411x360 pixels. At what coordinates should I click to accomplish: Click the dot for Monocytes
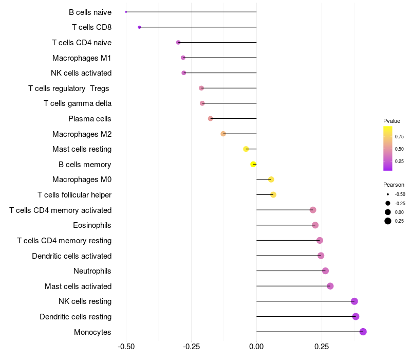pos(363,332)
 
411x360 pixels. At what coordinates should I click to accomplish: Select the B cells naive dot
pos(126,12)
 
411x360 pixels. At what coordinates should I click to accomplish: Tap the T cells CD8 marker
pos(139,27)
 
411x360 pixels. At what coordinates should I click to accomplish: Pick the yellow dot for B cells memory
pos(253,164)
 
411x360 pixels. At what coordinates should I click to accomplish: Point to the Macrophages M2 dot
pos(223,134)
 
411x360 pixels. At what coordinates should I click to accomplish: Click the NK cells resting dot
pos(354,301)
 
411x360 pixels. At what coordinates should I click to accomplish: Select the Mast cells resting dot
pos(246,149)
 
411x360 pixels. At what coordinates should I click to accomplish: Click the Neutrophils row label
pos(92,271)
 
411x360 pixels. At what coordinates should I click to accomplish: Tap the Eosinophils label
pos(92,225)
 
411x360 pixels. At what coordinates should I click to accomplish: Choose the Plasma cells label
pos(89,119)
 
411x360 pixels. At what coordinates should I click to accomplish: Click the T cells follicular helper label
pos(74,195)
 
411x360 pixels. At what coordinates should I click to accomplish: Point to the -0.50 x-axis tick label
pos(126,347)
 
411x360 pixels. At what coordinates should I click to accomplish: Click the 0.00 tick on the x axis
pos(256,347)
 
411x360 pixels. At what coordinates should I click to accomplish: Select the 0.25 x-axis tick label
pos(322,347)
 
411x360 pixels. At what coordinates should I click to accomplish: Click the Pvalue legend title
pos(391,121)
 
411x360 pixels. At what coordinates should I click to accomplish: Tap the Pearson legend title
pos(394,185)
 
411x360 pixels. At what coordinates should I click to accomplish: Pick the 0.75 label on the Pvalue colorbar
pos(399,137)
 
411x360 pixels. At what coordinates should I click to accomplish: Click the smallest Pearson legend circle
pos(388,194)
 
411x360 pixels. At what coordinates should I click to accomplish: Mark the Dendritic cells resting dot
pos(356,316)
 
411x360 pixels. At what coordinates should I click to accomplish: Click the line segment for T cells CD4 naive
pos(217,42)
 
